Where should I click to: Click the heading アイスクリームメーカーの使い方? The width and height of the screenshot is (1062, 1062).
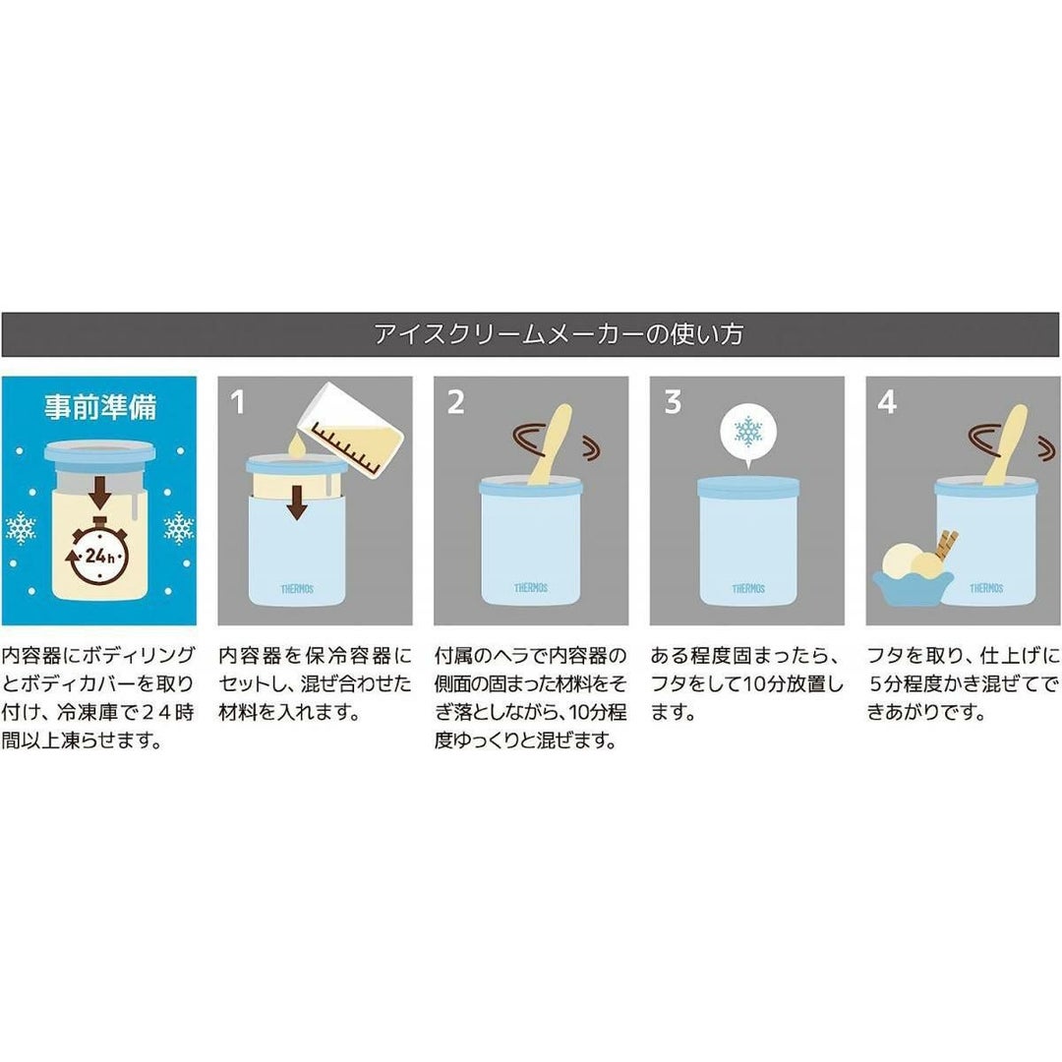(560, 334)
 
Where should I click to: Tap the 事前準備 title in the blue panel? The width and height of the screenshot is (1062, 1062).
(100, 406)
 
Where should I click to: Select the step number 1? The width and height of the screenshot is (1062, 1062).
(237, 402)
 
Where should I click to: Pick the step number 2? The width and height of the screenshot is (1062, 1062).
(456, 402)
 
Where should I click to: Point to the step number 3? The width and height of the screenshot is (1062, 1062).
(673, 402)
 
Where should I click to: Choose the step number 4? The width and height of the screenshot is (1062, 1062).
(887, 402)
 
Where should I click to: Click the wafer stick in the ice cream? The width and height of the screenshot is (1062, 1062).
(946, 544)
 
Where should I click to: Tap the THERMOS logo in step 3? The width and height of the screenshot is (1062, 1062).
(748, 589)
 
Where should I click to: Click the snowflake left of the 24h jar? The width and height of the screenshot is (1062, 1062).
(21, 529)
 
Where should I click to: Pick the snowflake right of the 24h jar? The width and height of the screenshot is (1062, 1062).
(179, 529)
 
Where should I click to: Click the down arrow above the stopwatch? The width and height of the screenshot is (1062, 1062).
(100, 493)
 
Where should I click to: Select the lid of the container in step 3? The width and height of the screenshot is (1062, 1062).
(748, 488)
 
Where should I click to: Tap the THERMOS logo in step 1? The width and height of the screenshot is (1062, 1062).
(297, 589)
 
